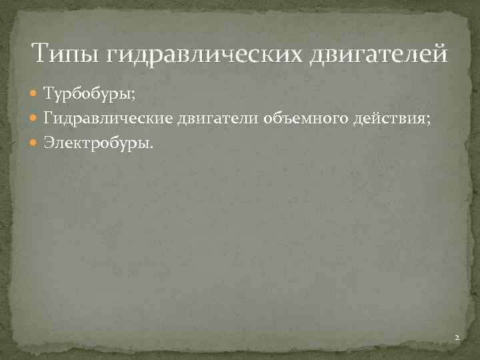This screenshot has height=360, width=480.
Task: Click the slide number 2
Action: (457, 339)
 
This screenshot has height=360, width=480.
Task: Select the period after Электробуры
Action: (151, 145)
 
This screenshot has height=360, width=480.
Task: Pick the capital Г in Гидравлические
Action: (48, 118)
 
